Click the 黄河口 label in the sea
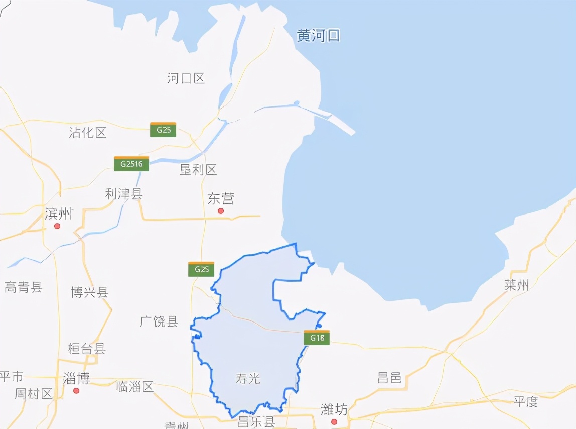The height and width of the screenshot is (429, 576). tap(318, 36)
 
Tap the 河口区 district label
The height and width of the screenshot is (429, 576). tap(186, 78)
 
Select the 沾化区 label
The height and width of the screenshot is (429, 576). tap(88, 133)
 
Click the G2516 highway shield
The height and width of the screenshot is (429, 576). tap(131, 164)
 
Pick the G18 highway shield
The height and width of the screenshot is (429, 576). tap(317, 338)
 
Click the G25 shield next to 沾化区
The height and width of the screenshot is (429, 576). tap(163, 130)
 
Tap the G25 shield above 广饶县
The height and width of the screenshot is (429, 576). tap(201, 269)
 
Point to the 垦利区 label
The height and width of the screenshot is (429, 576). tap(198, 170)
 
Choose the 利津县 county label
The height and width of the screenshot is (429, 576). tap(124, 194)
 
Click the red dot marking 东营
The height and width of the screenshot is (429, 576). tap(221, 211)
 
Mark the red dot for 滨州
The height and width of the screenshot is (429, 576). tap(57, 226)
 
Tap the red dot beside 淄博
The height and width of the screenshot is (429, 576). tap(76, 390)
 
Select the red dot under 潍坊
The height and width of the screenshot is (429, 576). tap(334, 421)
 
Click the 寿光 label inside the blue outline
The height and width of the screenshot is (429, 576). tap(248, 379)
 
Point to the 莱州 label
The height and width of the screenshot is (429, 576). tap(516, 286)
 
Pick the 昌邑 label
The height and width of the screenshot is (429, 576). tap(389, 378)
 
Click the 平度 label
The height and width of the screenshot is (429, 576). tap(525, 401)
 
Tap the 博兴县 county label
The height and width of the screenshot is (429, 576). tap(90, 292)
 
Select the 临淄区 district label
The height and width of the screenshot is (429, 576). tap(134, 387)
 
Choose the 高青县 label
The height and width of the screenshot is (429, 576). tap(24, 287)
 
